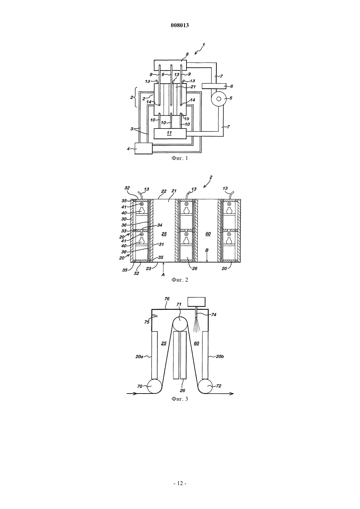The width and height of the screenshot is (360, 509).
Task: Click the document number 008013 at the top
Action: point(180,25)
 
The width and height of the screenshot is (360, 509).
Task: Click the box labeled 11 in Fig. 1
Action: point(170,133)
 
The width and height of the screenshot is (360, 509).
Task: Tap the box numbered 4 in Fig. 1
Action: point(143,149)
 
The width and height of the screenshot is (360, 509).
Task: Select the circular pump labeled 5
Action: point(219,99)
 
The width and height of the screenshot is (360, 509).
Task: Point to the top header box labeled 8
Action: point(170,65)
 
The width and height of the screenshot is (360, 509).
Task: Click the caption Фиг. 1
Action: point(180,158)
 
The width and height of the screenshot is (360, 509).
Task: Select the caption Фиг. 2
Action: point(180,280)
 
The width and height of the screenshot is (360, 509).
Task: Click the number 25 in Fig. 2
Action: point(164,234)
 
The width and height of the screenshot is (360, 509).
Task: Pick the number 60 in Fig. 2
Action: point(208,234)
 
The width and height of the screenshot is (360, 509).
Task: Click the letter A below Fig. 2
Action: point(163,274)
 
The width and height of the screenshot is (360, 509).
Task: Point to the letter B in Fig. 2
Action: point(207,250)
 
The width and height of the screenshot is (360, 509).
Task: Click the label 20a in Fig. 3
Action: point(139,357)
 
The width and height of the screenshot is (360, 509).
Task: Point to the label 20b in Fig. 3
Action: point(220,357)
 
